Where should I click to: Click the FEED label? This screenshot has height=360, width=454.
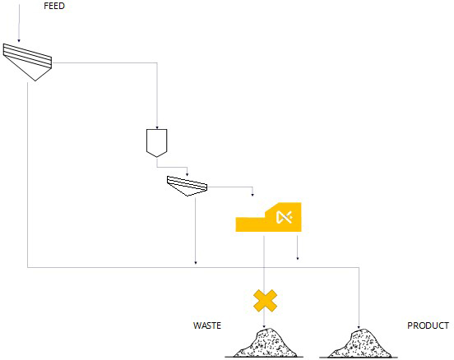[54, 6]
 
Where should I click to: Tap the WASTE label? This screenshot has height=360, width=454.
[207, 325]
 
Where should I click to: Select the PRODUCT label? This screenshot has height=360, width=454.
[428, 325]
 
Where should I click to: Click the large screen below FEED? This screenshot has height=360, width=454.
[27, 61]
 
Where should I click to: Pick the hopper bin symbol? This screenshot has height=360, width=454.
[156, 143]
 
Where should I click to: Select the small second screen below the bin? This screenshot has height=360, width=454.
[187, 186]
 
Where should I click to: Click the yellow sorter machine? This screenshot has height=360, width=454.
[268, 217]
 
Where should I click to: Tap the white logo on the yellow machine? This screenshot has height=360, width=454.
[284, 217]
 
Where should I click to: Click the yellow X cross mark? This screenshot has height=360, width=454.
[265, 301]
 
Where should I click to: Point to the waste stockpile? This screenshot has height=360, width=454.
[265, 344]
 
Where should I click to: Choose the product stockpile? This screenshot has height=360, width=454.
[359, 344]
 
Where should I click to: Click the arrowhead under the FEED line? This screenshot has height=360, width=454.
[19, 40]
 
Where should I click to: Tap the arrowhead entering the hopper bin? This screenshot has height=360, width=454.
[157, 127]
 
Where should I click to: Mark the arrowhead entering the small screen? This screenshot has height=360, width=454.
[187, 174]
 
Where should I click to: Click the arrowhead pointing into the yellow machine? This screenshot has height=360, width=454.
[252, 195]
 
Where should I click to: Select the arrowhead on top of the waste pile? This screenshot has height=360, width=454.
[264, 326]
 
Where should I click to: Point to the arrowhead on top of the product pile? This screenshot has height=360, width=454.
[359, 327]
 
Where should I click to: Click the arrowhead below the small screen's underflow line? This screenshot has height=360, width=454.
[196, 263]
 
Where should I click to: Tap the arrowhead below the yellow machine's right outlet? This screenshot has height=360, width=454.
[298, 258]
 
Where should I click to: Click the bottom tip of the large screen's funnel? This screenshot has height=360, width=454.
[35, 81]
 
